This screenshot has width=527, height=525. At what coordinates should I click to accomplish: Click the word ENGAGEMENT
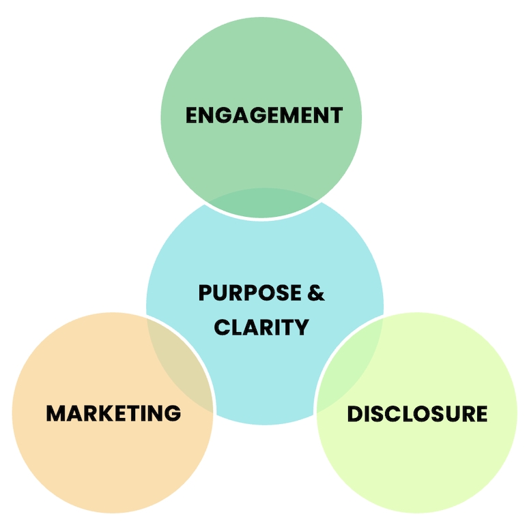(263, 115)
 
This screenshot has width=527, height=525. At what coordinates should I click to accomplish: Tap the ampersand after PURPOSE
(315, 293)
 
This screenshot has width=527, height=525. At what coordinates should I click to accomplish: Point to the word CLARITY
(261, 327)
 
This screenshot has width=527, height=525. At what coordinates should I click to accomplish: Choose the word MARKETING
(113, 413)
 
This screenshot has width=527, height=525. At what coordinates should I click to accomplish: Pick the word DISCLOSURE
(417, 414)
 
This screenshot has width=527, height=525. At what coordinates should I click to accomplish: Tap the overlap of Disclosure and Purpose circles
(349, 361)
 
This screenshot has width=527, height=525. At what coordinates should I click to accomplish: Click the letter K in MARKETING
(103, 413)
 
